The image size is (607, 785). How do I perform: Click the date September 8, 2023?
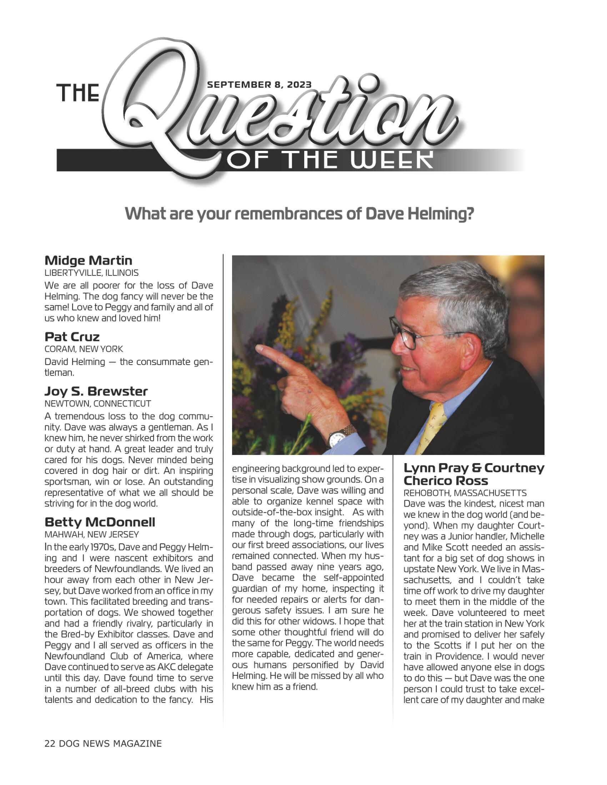coord(259,85)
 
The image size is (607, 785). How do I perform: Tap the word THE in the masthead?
coord(79,93)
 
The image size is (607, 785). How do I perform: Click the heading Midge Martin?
coord(89,260)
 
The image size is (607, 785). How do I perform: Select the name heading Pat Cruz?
coord(72,337)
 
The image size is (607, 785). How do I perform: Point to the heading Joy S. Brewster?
coord(96,391)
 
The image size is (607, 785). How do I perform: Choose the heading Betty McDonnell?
coord(100,522)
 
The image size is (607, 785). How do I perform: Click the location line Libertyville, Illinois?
coord(91,273)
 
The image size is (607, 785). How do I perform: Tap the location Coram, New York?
coord(84,349)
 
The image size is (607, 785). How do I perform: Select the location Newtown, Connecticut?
coord(98,404)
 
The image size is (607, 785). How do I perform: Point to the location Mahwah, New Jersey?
coord(92,535)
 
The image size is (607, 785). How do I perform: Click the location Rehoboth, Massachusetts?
coord(465,493)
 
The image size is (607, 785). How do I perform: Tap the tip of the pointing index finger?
coord(258,348)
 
